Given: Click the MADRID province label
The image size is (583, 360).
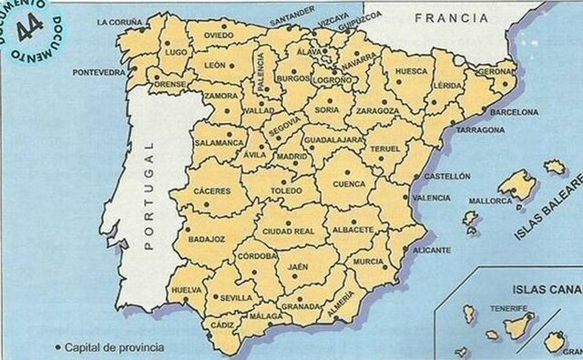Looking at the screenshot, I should pyautogui.click(x=292, y=157).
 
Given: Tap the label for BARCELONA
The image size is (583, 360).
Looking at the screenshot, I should pyautogui.click(x=515, y=112).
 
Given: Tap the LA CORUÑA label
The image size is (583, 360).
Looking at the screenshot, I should pyautogui.click(x=121, y=20).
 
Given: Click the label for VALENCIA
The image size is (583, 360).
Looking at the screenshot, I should pyautogui.click(x=431, y=197).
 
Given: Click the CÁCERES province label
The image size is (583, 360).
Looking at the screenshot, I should pyautogui.click(x=212, y=191).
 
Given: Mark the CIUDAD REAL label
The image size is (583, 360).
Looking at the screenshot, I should pyautogui.click(x=288, y=231).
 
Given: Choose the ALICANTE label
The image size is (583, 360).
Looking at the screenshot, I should pyautogui.click(x=431, y=249).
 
